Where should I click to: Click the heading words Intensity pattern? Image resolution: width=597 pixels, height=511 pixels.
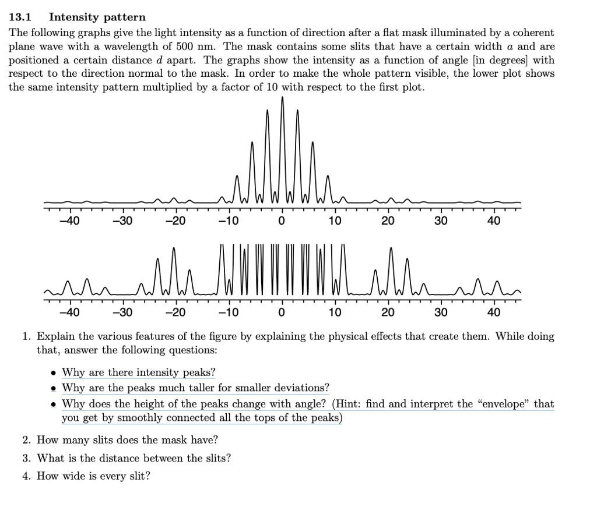tap(97, 17)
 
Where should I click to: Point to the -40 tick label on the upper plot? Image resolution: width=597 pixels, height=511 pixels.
tap(70, 221)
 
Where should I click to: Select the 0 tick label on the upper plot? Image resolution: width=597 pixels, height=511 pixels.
tap(282, 221)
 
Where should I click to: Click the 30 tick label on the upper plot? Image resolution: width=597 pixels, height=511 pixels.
tap(441, 221)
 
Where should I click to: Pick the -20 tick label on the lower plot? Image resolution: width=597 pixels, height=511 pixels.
tap(176, 313)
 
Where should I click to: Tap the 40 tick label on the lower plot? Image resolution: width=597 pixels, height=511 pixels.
tap(494, 313)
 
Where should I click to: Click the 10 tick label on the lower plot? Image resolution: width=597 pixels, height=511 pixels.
tap(335, 313)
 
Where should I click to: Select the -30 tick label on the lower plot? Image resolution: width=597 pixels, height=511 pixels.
tap(122, 313)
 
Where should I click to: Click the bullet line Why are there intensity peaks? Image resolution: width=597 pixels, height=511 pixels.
tap(139, 372)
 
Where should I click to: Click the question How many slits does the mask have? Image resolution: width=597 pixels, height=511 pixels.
tap(127, 440)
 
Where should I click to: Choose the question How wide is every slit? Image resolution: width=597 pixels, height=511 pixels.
tap(93, 476)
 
